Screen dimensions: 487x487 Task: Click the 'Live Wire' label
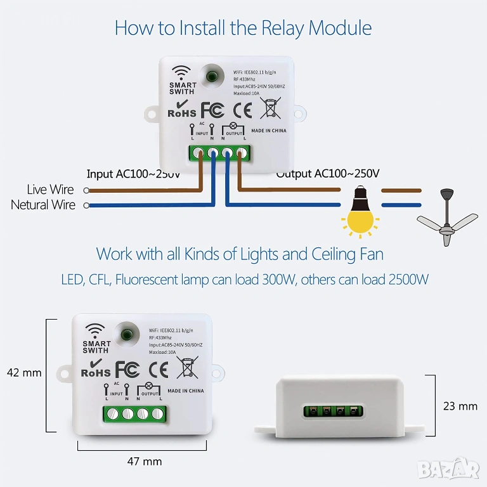click(x=50, y=190)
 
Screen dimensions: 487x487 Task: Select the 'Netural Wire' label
click(x=43, y=205)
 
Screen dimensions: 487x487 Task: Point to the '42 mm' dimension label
click(x=24, y=373)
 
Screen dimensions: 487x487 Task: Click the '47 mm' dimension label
click(x=144, y=462)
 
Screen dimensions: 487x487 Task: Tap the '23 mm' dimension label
click(x=460, y=406)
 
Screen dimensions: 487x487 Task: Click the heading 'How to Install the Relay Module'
click(x=243, y=29)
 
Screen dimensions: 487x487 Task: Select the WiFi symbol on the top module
click(x=181, y=72)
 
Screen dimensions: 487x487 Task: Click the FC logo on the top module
click(x=212, y=110)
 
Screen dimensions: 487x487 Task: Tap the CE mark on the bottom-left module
click(x=158, y=370)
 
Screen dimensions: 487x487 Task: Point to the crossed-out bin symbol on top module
click(x=271, y=108)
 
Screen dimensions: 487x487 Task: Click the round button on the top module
click(x=213, y=76)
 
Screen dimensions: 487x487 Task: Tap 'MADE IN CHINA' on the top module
click(x=269, y=131)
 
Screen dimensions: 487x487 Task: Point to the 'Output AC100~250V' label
click(x=328, y=174)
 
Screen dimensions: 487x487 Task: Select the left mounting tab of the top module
click(x=151, y=114)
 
